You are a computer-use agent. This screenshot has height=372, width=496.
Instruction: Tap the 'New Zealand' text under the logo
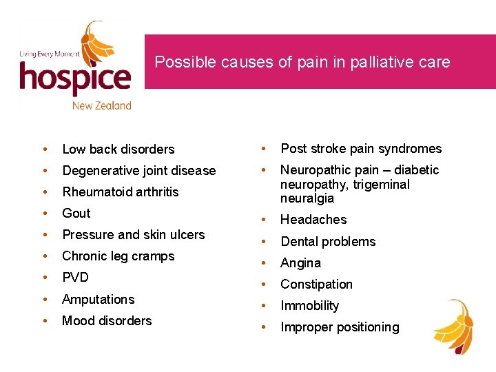coord(101,105)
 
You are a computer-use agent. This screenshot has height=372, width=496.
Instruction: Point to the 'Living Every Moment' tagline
coord(48,54)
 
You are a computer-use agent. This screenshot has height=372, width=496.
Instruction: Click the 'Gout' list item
coord(76,213)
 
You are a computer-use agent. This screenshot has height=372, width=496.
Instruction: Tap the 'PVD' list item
coord(76,277)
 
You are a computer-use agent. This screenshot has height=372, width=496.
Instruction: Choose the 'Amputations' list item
coord(99,299)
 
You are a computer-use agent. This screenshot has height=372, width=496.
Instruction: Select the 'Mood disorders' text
coord(107,320)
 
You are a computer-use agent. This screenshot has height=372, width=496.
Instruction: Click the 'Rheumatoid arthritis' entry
coord(121,192)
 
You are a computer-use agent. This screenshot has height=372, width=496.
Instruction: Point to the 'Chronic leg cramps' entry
coord(118,256)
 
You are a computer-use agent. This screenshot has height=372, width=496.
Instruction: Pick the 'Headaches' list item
coord(313,219)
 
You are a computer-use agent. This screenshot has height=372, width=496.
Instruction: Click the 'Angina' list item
coord(300,262)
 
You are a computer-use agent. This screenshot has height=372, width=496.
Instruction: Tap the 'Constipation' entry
coord(316,284)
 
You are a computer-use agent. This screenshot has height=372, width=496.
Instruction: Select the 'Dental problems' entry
coord(328,241)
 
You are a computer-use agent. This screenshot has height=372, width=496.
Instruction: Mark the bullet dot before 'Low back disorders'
coord(44,149)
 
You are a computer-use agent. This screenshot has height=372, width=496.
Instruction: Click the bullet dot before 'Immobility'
coord(262,306)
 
